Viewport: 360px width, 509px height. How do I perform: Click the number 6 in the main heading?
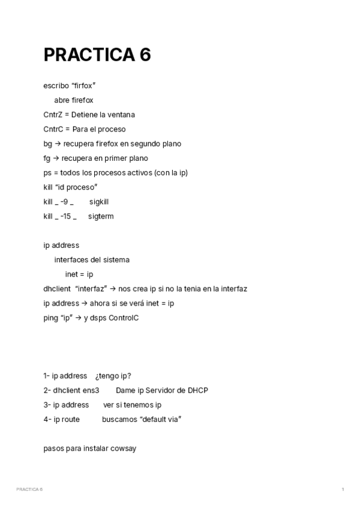click(145, 55)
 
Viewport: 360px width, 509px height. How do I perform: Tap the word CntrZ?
click(53, 115)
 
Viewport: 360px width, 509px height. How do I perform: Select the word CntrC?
click(53, 129)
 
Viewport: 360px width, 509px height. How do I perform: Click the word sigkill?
click(98, 202)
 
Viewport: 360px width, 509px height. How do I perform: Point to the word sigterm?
click(101, 216)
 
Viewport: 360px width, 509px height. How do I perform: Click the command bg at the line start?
click(48, 144)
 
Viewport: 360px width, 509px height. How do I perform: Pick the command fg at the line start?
click(47, 158)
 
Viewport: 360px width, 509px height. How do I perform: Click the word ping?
click(50, 318)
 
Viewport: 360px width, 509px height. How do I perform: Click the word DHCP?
click(197, 390)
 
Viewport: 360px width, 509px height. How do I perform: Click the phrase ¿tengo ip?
click(113, 376)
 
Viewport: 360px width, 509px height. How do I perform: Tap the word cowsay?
click(124, 448)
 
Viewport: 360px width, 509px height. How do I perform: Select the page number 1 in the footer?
click(343, 490)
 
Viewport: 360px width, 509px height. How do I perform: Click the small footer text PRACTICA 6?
click(29, 490)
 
